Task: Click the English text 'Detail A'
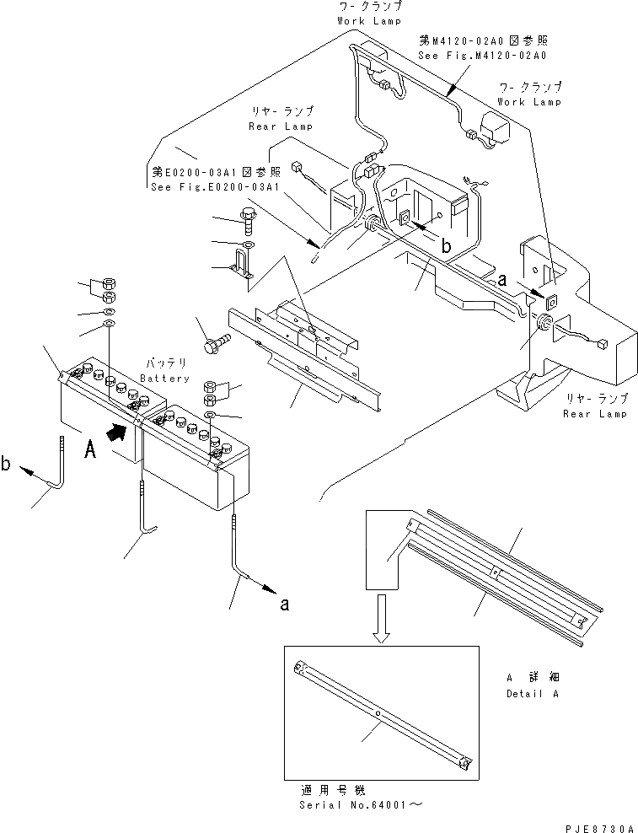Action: (x=533, y=694)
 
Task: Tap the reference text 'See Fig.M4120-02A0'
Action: (x=482, y=55)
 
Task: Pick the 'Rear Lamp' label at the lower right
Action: (x=595, y=413)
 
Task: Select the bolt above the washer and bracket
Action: (x=249, y=218)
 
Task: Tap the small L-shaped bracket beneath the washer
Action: (x=243, y=268)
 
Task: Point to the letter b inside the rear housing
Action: (x=447, y=245)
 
